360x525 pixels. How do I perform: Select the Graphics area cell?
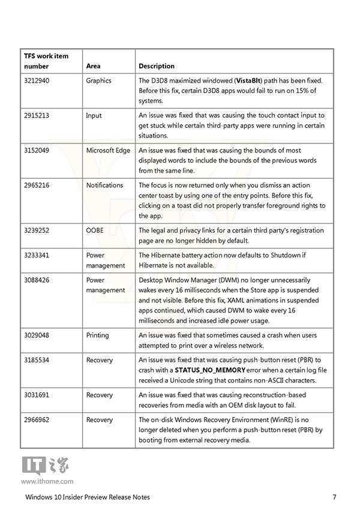[98, 80]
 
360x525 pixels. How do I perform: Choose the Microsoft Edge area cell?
[108, 150]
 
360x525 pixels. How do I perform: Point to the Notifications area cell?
[104, 185]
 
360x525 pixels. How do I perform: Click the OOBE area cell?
[95, 230]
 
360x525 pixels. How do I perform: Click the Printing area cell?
[97, 335]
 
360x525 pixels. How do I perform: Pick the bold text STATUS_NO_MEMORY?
[210, 370]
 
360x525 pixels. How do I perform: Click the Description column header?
[157, 66]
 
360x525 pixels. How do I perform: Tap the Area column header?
[93, 66]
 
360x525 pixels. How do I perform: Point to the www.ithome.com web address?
[47, 481]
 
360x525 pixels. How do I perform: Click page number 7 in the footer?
[334, 497]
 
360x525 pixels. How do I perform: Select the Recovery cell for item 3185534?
[99, 360]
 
